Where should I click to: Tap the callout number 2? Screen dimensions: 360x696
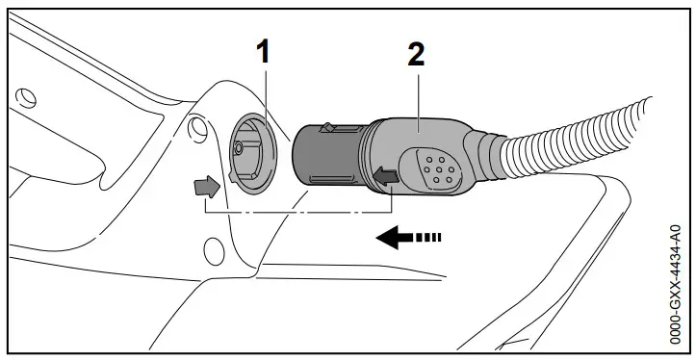coord(415,54)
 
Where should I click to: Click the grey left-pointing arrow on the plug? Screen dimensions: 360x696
coord(387,176)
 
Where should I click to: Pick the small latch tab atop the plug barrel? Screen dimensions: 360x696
coord(328,126)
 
